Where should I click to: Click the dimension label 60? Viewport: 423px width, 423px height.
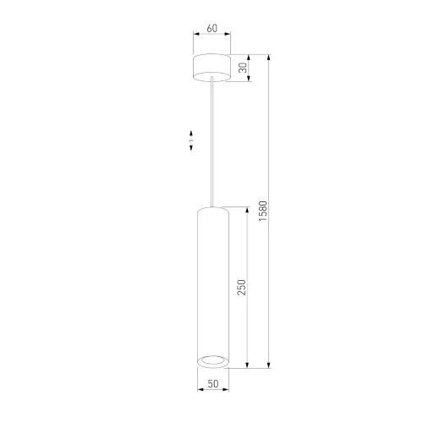(212, 28)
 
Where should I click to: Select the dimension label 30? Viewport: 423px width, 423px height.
(243, 68)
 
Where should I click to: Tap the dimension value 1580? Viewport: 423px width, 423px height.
(262, 211)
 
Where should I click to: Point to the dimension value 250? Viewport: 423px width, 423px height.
(241, 288)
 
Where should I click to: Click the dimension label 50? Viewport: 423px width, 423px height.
(213, 383)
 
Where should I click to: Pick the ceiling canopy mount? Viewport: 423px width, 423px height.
(211, 68)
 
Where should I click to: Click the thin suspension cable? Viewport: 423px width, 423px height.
(212, 142)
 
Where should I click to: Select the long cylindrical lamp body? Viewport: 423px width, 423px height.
(213, 287)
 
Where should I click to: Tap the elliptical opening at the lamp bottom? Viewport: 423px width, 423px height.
(213, 360)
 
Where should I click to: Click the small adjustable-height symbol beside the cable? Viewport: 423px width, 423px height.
(191, 140)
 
